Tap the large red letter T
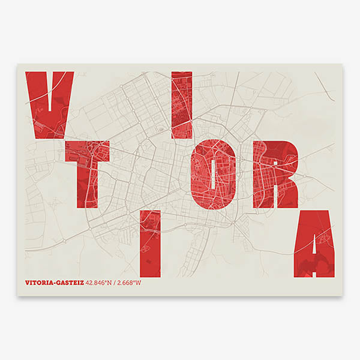(87, 174)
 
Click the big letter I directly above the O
(181, 105)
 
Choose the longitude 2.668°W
(130, 282)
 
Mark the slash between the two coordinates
(116, 282)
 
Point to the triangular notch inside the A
(314, 243)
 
